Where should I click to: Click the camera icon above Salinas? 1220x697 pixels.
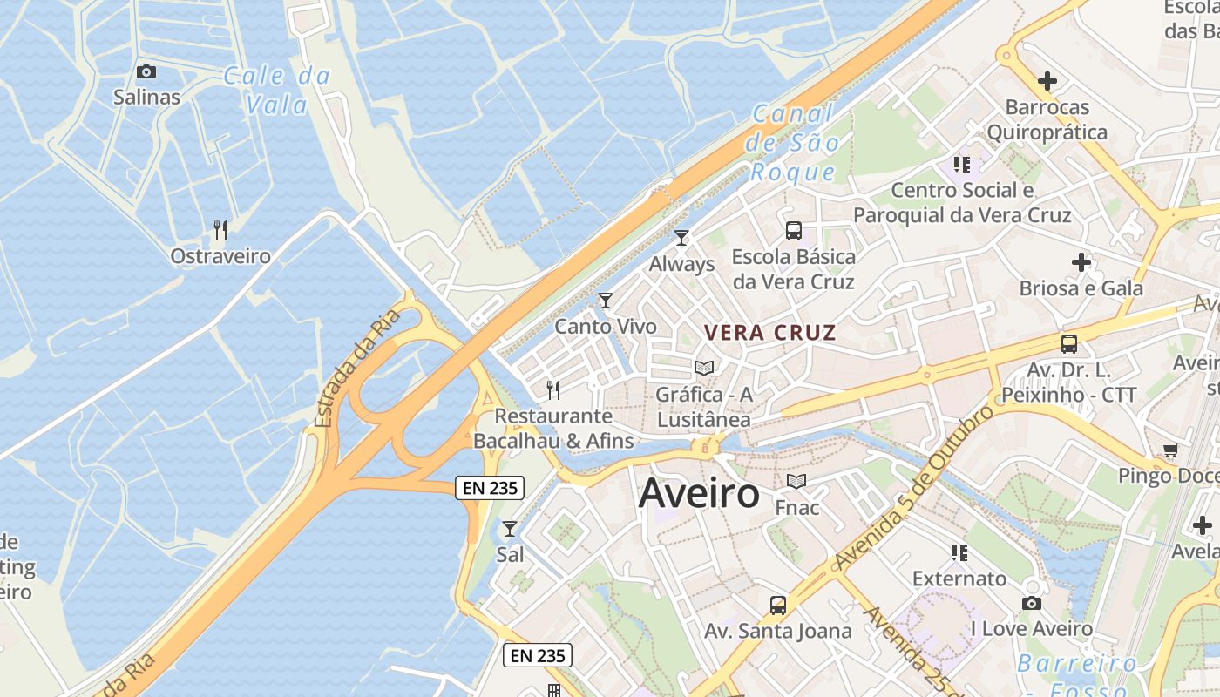146,71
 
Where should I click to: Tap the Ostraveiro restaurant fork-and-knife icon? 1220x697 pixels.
220,230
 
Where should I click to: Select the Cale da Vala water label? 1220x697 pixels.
277,91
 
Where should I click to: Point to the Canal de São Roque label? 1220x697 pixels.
793,143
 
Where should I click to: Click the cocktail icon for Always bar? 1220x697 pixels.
681,237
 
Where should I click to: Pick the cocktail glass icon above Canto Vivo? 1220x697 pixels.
606,301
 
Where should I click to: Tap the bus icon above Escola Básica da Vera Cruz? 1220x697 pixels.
794,231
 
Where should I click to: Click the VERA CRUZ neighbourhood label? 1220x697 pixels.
770,332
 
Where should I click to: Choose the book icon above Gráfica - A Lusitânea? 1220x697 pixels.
704,368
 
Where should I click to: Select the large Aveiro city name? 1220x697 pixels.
699,494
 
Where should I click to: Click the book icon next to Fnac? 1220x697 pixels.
796,481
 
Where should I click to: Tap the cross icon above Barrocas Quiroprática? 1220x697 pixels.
1047,81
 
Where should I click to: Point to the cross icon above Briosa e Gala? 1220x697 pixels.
1081,261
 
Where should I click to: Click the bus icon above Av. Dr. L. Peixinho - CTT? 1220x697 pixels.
1069,343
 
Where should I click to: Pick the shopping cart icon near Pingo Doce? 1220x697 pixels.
1170,450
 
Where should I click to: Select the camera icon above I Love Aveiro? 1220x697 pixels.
1032,603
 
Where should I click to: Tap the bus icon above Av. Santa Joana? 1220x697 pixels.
778,605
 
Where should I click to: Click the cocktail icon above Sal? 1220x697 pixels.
510,528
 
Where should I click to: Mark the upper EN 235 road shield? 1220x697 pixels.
490,488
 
